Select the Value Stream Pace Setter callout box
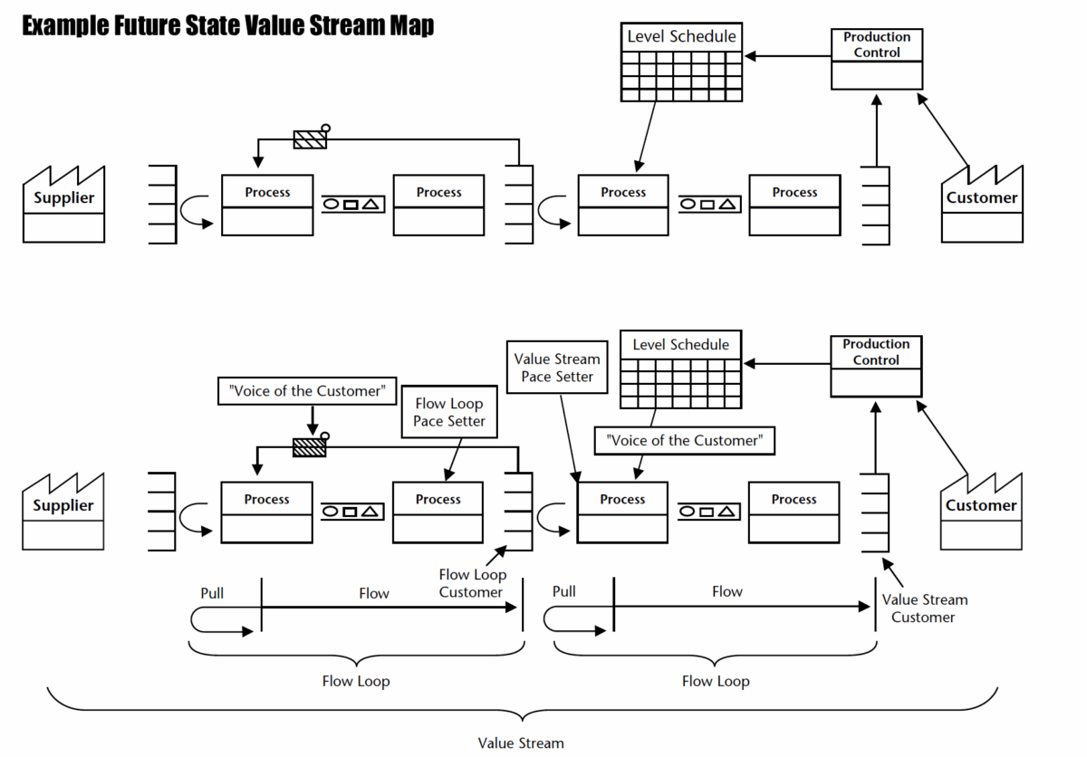click(557, 368)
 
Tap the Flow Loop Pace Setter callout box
click(449, 412)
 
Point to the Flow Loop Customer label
click(472, 583)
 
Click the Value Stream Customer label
click(924, 608)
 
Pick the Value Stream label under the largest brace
click(521, 743)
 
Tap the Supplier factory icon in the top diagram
click(63, 205)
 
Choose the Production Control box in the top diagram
click(876, 59)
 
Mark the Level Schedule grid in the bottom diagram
click(680, 383)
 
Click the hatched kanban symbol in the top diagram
click(309, 139)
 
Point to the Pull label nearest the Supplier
click(212, 593)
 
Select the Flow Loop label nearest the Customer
click(716, 681)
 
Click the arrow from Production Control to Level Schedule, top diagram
click(788, 57)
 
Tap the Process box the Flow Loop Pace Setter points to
click(438, 512)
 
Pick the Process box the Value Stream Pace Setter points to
click(622, 512)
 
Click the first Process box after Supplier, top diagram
click(267, 205)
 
